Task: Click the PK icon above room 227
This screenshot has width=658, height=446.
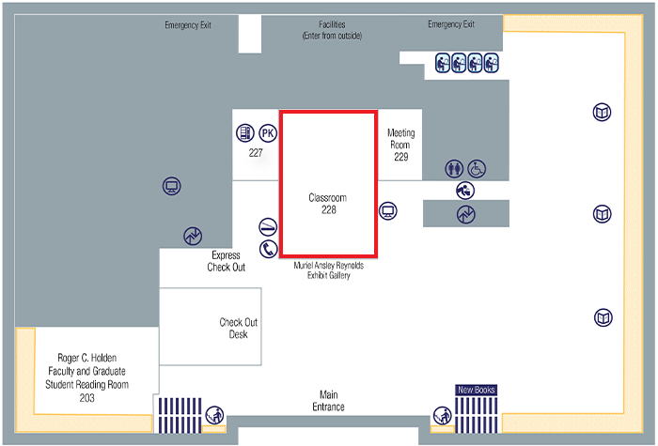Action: coord(268,133)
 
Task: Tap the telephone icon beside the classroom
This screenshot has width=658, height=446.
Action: coord(268,249)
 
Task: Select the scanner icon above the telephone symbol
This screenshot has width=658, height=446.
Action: coord(268,227)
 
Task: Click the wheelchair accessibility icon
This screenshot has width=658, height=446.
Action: coord(478,169)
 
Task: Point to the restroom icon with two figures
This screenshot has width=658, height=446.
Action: coord(455,169)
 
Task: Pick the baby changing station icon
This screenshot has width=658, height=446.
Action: coord(465,190)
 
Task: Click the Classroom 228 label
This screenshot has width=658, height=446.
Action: coord(329,204)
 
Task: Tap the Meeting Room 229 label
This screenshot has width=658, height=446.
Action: coord(400,145)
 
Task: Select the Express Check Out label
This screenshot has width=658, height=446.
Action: coord(226,261)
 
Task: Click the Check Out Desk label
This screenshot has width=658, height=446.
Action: coord(238,329)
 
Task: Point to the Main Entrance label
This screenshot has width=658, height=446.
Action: coord(328,401)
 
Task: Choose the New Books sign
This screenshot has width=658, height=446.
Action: coord(476,389)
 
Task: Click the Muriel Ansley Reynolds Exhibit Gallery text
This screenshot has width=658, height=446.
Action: coord(327,270)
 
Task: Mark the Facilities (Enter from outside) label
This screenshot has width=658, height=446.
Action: coord(332,30)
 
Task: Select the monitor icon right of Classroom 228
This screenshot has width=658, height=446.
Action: coord(388,210)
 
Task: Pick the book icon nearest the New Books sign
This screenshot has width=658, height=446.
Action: coord(603,317)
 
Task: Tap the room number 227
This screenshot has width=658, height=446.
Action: coord(255,152)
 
